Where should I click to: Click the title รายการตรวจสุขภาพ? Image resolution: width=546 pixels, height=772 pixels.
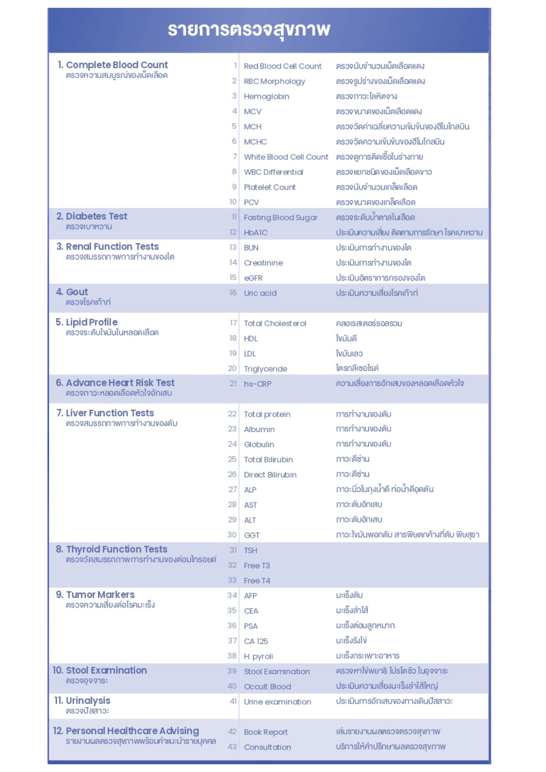tap(249, 30)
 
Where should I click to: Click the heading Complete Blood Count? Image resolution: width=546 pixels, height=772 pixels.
tap(117, 65)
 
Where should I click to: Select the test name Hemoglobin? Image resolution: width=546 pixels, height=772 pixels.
tap(266, 96)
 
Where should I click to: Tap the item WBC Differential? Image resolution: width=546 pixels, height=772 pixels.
tap(273, 172)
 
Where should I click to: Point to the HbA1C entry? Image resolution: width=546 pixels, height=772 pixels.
tap(256, 233)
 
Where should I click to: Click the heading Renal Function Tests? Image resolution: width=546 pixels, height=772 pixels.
tap(112, 247)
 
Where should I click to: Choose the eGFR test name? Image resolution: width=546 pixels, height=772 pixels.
tap(253, 278)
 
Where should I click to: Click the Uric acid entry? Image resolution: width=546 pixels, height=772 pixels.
tap(260, 293)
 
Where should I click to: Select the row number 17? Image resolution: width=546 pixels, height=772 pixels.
tap(233, 323)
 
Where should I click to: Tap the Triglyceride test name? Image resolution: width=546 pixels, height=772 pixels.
tap(266, 369)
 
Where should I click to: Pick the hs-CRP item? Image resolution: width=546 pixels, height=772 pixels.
tap(258, 384)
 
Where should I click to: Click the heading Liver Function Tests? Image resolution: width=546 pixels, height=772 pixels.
tap(110, 413)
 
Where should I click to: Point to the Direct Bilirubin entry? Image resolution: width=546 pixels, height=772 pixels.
tap(270, 475)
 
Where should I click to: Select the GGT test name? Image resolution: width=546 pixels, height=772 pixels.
tap(252, 535)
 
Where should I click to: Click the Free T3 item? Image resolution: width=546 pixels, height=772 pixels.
tap(257, 565)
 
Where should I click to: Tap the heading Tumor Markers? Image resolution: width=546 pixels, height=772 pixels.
tap(100, 595)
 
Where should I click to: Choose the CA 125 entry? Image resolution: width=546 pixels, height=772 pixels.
tap(256, 641)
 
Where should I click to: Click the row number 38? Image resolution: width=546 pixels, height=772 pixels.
tap(232, 656)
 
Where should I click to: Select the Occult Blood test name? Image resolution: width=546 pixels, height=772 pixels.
tap(268, 687)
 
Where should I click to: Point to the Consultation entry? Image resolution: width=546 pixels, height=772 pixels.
tap(268, 747)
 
